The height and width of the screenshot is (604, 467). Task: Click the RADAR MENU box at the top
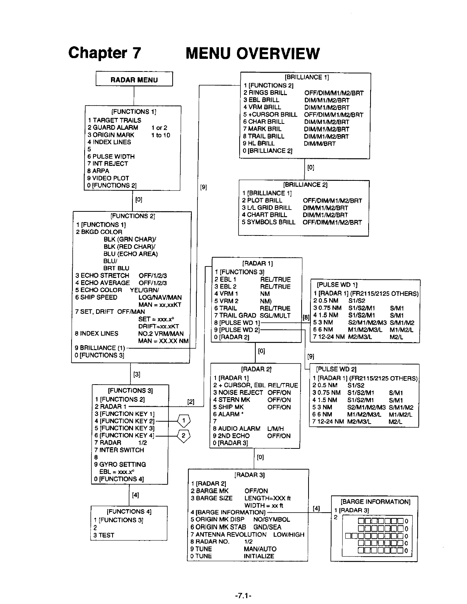coord(134,80)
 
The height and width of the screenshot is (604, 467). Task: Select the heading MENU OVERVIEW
coord(252,54)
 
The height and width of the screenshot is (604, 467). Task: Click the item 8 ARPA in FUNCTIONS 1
coord(98,171)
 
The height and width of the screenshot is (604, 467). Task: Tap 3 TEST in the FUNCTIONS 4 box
coord(104,535)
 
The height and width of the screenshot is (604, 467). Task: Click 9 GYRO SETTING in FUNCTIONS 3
coord(120,464)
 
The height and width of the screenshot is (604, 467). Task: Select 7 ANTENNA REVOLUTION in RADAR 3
coord(228,534)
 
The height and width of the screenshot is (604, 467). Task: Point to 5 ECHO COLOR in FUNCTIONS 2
coord(99,290)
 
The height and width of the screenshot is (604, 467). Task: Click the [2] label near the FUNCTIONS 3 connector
coord(191,402)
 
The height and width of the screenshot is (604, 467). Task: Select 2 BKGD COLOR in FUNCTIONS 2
coord(99,232)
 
